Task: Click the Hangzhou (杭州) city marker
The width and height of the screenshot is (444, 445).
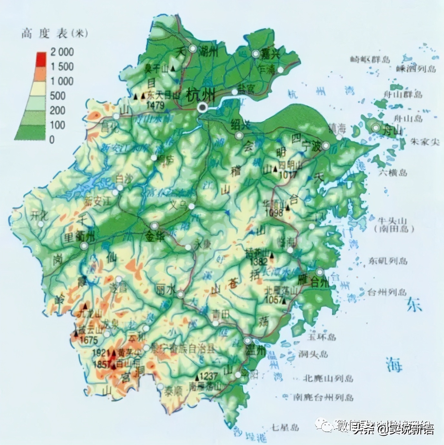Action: tap(203, 108)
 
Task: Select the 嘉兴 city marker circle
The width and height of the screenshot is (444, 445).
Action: tap(256, 54)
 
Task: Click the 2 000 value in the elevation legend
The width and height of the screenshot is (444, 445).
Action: tap(62, 52)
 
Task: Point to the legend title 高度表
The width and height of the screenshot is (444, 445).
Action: tap(45, 33)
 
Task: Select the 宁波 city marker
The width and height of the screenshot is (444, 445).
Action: tap(326, 146)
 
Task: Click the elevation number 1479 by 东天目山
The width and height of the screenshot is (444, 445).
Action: tap(156, 105)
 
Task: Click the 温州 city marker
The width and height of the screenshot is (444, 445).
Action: tap(248, 341)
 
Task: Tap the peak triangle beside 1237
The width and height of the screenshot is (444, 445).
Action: tap(197, 377)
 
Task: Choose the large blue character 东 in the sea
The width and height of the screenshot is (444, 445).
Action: tap(414, 305)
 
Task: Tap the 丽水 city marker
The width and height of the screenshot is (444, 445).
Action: tap(180, 294)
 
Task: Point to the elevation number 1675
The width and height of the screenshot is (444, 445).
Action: tap(89, 340)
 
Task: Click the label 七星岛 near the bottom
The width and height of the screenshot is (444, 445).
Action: tap(285, 428)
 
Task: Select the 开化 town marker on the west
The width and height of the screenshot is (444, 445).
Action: tap(41, 223)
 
